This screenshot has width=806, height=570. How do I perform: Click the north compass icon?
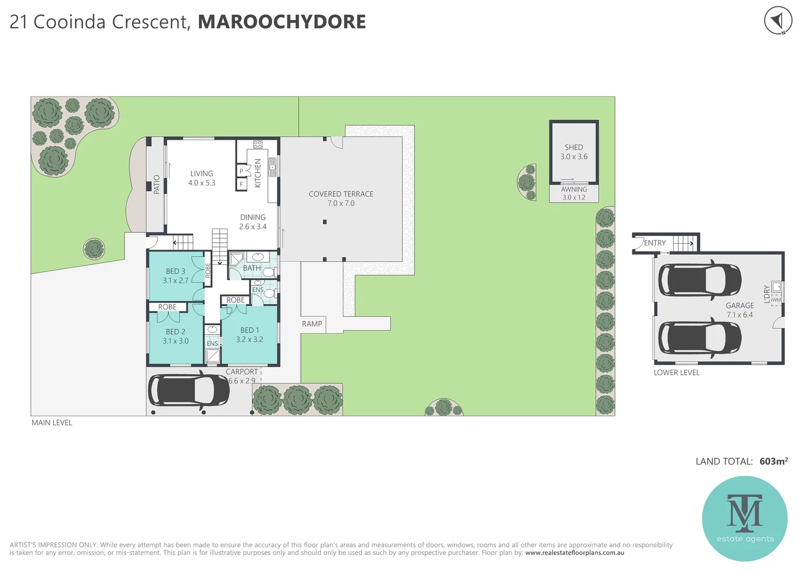tap(778, 21)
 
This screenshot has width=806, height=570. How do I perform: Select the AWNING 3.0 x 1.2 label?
tap(573, 193)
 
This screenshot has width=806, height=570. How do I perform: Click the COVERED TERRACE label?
tap(341, 198)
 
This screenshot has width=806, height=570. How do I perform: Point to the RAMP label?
tap(312, 324)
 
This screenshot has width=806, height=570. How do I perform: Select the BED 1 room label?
tap(250, 335)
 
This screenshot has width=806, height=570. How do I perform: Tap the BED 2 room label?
tap(176, 336)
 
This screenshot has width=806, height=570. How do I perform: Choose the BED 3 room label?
tap(176, 275)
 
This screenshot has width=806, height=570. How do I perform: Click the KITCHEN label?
tap(258, 173)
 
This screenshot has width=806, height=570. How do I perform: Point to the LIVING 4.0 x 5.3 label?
tap(201, 178)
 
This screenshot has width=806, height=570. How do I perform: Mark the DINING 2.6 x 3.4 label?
tap(253, 222)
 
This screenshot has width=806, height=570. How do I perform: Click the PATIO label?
tap(156, 185)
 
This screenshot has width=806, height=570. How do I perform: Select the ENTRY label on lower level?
tap(655, 243)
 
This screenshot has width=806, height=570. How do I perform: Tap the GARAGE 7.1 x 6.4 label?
tap(740, 310)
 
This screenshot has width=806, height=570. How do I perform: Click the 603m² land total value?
tap(773, 461)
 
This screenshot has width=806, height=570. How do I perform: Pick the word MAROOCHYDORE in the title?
tap(282, 22)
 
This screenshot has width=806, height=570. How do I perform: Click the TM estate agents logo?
tap(744, 518)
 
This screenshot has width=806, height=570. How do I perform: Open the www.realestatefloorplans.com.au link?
tap(574, 553)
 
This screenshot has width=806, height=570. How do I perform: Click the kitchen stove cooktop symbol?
tap(257, 144)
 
